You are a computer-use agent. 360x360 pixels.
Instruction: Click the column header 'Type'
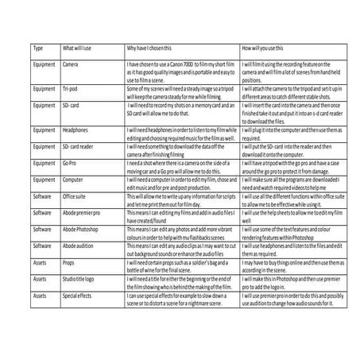(37, 48)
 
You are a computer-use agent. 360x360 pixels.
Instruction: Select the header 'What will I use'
(79, 48)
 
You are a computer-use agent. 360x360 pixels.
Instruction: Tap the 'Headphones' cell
(75, 129)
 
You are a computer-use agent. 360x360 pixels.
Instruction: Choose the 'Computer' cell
(73, 180)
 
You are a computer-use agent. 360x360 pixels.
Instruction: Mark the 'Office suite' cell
(75, 195)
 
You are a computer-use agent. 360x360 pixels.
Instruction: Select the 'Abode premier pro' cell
(83, 212)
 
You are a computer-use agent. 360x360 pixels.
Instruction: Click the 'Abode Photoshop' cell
(82, 229)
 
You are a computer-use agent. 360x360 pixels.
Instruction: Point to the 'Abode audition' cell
(80, 246)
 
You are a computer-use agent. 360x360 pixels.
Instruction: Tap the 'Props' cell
(69, 262)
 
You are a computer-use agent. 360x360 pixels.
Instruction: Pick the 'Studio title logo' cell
(82, 279)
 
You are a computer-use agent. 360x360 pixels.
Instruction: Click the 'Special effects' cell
(79, 296)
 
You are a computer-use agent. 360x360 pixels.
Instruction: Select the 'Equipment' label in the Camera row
(44, 64)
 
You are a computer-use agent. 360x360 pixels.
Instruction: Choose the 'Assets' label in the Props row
(40, 262)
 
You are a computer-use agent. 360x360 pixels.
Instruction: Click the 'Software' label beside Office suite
(41, 195)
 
